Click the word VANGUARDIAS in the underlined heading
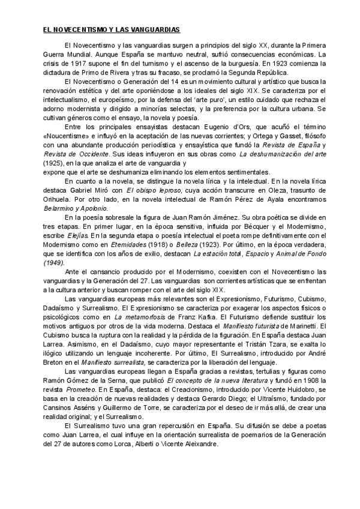click(155, 29)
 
